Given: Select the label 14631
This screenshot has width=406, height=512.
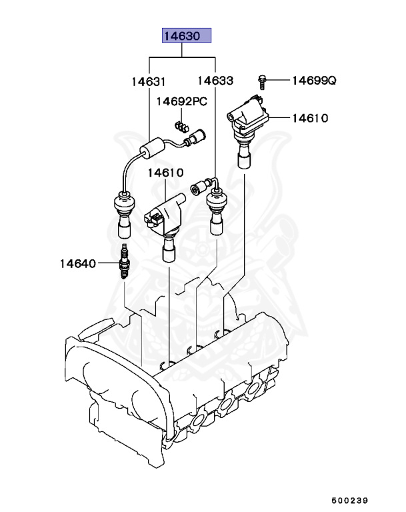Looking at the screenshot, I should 147,81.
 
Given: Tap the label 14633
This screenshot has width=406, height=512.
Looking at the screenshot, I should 215,81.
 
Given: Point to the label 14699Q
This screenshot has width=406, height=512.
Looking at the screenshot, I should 314,81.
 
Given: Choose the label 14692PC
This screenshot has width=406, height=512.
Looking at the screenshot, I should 182,101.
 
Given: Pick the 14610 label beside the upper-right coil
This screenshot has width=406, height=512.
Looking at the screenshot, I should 309,119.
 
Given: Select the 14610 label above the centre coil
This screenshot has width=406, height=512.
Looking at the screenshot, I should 165,173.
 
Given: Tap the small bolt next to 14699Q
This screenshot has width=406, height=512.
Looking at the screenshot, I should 262,81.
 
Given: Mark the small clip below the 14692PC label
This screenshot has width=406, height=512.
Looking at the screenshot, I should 181,124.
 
